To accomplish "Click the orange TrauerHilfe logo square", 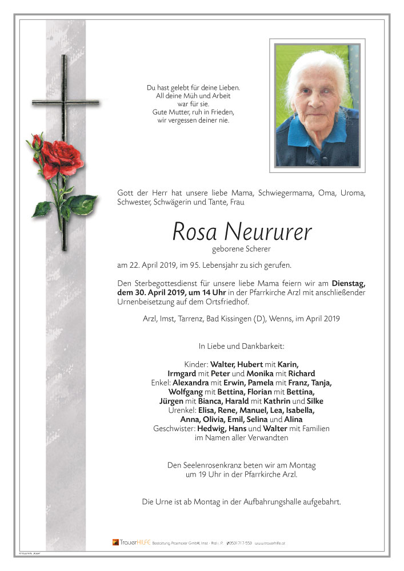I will coord(115,542).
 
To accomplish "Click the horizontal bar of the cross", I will coord(65,103).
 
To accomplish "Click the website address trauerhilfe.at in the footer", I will coord(270,542).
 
